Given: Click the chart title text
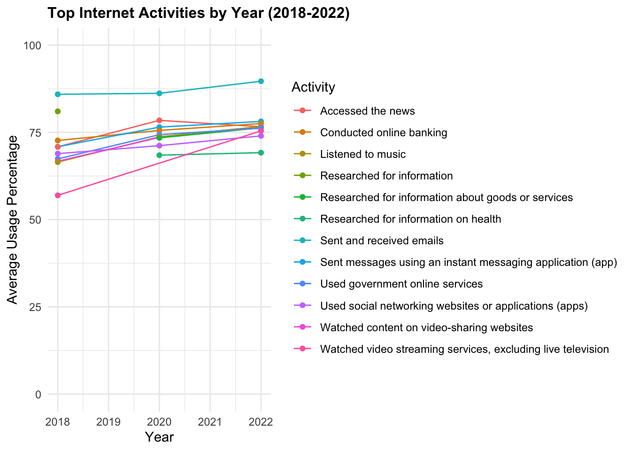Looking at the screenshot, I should pyautogui.click(x=199, y=13).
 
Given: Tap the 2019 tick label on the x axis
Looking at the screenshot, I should pyautogui.click(x=108, y=421).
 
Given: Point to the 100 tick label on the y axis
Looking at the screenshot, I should pyautogui.click(x=33, y=46).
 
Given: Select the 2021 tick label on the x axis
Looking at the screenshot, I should pyautogui.click(x=210, y=421).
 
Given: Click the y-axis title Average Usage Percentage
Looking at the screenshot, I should pyautogui.click(x=13, y=219).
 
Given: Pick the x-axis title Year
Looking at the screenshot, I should pyautogui.click(x=159, y=437).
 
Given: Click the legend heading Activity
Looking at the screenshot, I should pyautogui.click(x=313, y=87).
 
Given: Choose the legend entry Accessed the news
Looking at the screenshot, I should pyautogui.click(x=367, y=111).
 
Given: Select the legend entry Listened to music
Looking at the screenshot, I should pyautogui.click(x=362, y=154).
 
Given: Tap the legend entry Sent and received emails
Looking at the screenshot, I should pyautogui.click(x=381, y=241).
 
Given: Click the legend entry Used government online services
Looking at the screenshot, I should pyautogui.click(x=401, y=284).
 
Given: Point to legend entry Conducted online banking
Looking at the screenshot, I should pyautogui.click(x=383, y=132).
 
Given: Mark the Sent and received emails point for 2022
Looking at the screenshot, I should pyautogui.click(x=261, y=81).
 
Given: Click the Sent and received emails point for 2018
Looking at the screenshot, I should pyautogui.click(x=58, y=94).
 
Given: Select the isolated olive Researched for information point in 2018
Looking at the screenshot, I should pyautogui.click(x=58, y=111).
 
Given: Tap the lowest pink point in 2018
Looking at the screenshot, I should pyautogui.click(x=58, y=195).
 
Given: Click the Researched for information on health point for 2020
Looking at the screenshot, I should pyautogui.click(x=159, y=155).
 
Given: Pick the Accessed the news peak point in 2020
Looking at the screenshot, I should pyautogui.click(x=159, y=120).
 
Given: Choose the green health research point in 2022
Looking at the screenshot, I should pyautogui.click(x=261, y=153).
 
